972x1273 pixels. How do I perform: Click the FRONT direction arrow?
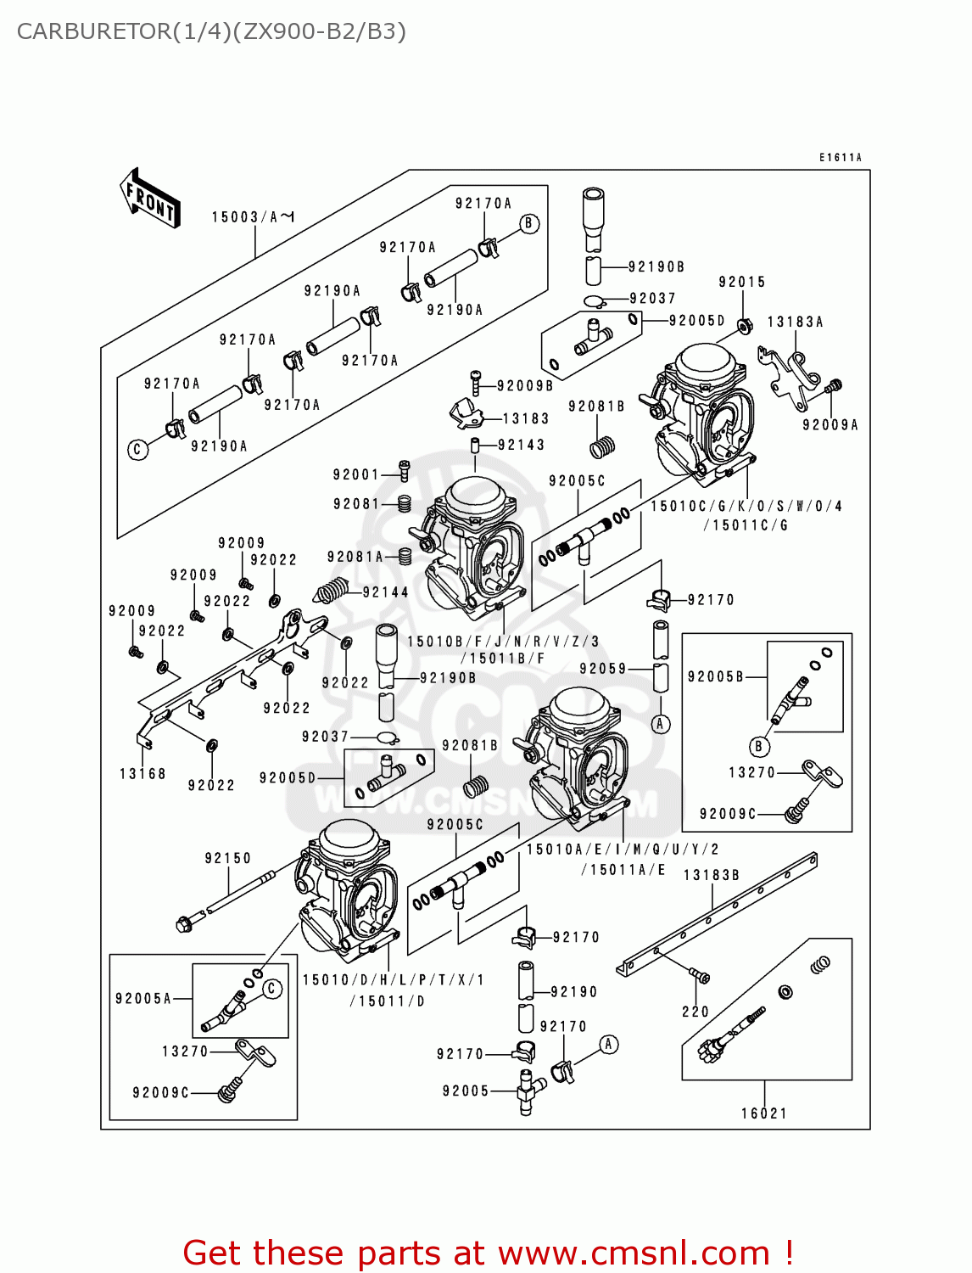click(151, 199)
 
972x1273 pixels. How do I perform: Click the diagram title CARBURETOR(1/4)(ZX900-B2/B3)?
click(211, 31)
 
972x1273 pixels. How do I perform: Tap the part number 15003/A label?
click(252, 217)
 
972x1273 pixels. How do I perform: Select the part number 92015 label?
click(741, 282)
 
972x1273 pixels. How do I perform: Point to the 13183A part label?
click(795, 322)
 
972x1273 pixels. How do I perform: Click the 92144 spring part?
click(332, 590)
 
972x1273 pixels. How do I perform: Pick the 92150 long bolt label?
click(227, 858)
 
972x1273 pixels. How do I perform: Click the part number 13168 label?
click(142, 773)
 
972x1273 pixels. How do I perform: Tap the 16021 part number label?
click(763, 1113)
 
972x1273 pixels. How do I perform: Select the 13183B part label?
click(711, 875)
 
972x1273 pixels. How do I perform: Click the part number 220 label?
click(695, 1012)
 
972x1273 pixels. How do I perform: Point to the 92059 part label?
click(602, 669)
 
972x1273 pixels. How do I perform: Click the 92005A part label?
click(142, 999)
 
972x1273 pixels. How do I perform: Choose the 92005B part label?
click(715, 676)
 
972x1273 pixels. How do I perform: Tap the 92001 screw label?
click(355, 474)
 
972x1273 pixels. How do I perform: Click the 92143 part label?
click(521, 445)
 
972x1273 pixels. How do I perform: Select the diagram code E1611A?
click(840, 158)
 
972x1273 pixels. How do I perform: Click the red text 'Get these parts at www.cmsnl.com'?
click(488, 1253)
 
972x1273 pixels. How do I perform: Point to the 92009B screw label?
click(524, 386)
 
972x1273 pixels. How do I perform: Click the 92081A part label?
click(355, 557)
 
